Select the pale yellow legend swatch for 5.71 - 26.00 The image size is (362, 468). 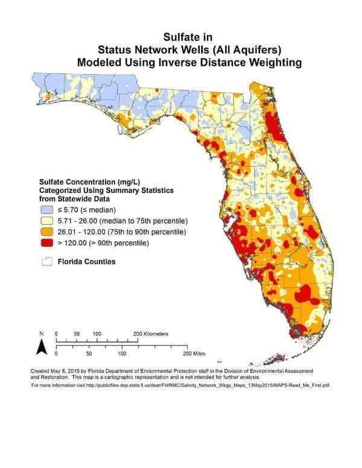tap(47, 220)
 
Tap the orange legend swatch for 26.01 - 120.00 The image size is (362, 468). tap(47, 232)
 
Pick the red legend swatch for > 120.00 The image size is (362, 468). tap(47, 243)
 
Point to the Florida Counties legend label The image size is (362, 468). tap(86, 262)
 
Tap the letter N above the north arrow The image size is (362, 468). tap(42, 334)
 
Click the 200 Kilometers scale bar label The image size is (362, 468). tap(151, 334)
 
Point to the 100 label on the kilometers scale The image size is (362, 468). tap(97, 334)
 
